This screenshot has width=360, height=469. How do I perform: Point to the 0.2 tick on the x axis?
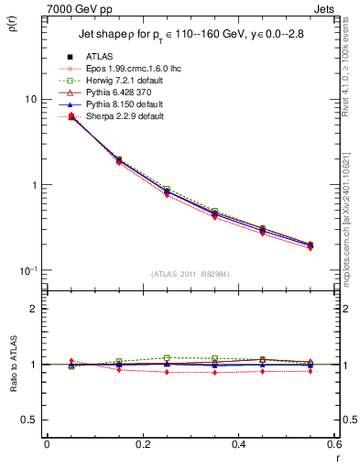pos(142,446)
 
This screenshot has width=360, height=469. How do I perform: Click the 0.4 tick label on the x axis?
pos(238,446)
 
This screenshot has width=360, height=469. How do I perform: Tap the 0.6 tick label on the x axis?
pos(333,446)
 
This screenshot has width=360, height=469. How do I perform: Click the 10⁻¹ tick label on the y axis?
pos(27,270)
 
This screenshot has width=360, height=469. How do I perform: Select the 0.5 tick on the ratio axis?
pos(29,420)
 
